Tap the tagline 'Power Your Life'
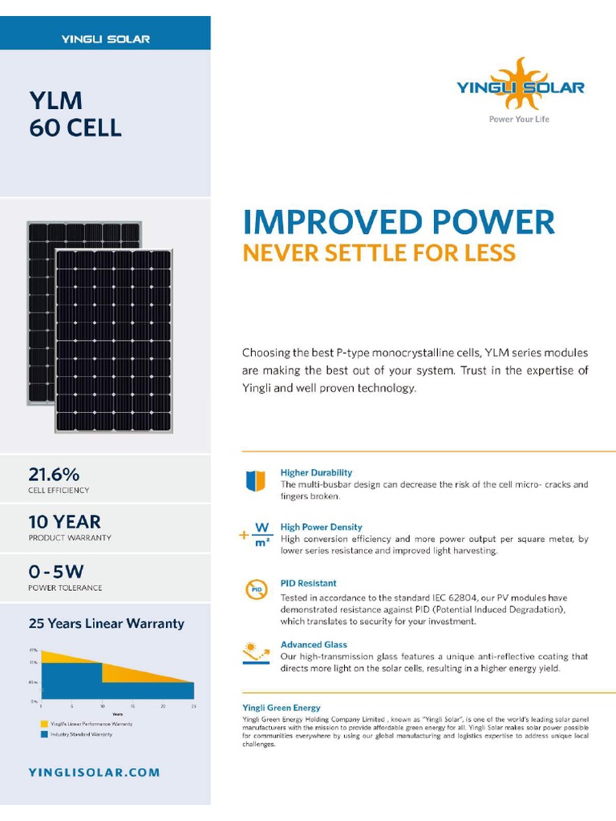(x=519, y=119)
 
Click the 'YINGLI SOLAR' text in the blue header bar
(x=105, y=38)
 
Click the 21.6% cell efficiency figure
(x=54, y=474)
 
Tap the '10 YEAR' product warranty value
(x=65, y=522)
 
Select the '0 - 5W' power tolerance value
(x=56, y=572)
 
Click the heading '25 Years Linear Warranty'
(x=107, y=623)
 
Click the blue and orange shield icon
(x=255, y=480)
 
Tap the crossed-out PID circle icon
(x=255, y=591)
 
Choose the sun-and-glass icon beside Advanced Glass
(x=256, y=652)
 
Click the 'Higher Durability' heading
(x=316, y=473)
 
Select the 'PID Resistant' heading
(x=308, y=583)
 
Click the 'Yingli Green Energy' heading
(x=282, y=708)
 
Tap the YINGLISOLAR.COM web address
(x=95, y=773)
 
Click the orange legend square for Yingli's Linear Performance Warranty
(x=43, y=724)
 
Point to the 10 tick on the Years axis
(x=102, y=706)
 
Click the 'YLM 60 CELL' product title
(x=75, y=114)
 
